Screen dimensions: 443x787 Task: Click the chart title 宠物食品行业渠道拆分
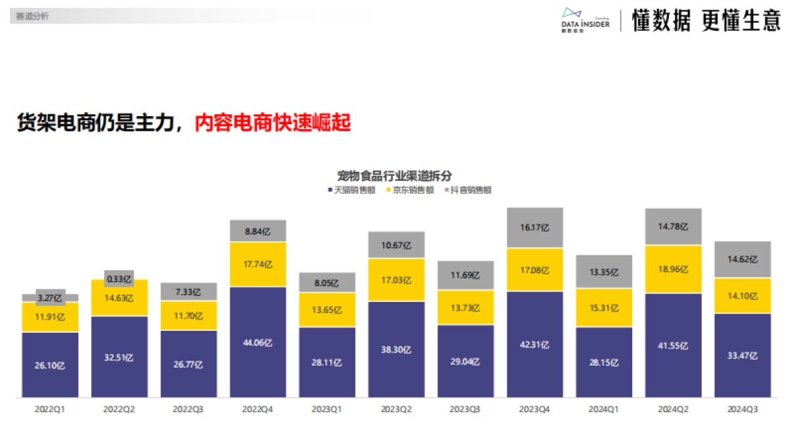[394, 175]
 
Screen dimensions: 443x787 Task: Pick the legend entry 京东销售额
[409, 190]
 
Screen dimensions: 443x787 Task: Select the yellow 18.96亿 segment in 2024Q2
[674, 269]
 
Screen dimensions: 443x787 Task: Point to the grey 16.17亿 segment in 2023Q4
[535, 228]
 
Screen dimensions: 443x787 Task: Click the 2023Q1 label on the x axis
[327, 409]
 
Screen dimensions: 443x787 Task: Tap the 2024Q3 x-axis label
[742, 409]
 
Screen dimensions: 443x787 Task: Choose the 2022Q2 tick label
[119, 409]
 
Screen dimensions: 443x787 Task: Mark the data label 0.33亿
[119, 278]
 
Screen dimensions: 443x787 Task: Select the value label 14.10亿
[742, 296]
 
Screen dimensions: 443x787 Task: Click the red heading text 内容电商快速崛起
[273, 123]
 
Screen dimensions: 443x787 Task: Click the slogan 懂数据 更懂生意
[706, 21]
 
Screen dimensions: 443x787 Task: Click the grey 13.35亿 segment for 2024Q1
[604, 272]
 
